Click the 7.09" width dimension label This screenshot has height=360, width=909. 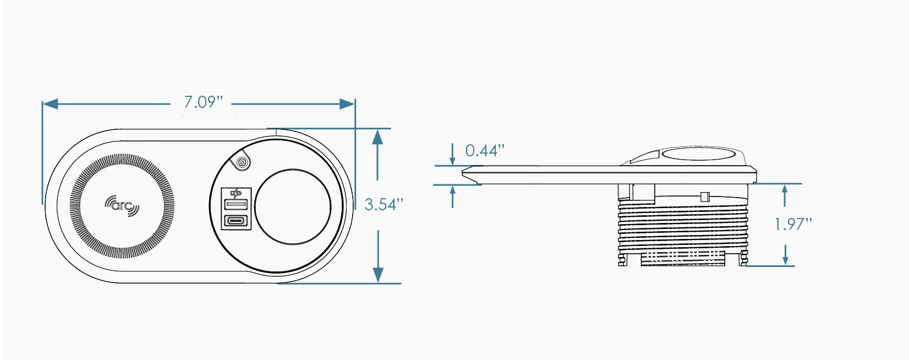click(203, 102)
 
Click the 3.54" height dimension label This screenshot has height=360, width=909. click(384, 205)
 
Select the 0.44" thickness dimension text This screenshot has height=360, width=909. click(485, 150)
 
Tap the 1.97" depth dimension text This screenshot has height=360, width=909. click(793, 224)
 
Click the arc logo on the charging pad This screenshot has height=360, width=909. click(122, 205)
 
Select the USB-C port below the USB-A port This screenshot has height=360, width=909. click(236, 221)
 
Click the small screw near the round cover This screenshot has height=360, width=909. click(240, 163)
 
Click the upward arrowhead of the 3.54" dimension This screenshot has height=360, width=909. click(377, 137)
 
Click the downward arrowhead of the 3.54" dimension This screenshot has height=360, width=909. click(378, 275)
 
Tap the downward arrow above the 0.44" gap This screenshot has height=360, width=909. click(452, 160)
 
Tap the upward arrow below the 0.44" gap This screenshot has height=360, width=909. click(452, 190)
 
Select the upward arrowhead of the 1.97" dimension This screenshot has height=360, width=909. click(785, 189)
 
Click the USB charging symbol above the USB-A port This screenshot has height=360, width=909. click(236, 193)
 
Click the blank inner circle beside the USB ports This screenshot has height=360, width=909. click(293, 206)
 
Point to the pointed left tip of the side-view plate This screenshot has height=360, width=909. click(463, 172)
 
